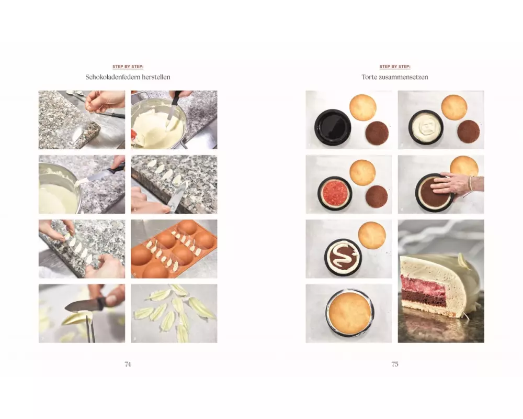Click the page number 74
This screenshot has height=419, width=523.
(x=128, y=364)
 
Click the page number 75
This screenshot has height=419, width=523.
(x=395, y=364)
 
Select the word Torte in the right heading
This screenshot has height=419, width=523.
(x=369, y=77)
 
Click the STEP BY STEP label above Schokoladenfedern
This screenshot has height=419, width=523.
(x=128, y=67)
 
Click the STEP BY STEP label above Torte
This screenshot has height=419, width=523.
(x=395, y=67)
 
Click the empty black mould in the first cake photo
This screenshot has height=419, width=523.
(x=333, y=128)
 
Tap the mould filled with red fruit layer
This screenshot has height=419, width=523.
(x=335, y=193)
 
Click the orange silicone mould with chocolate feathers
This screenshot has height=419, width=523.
(x=174, y=249)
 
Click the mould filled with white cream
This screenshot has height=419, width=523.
(x=426, y=127)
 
